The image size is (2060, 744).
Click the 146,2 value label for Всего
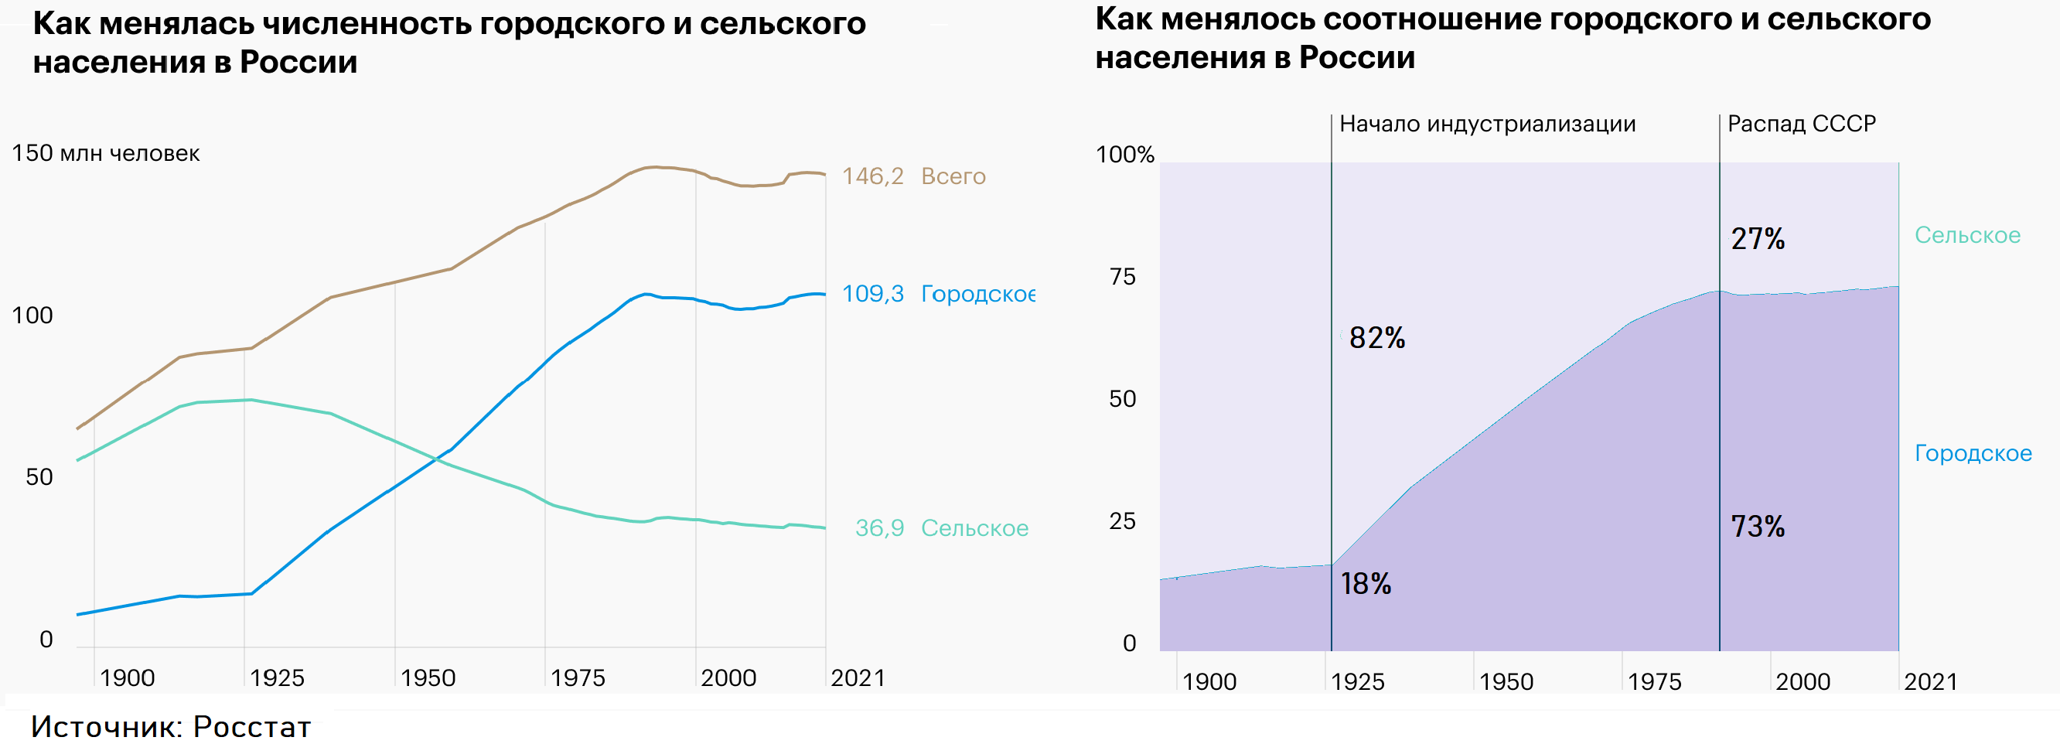tap(872, 176)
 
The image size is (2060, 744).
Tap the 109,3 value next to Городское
tap(872, 294)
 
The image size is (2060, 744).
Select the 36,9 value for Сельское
tap(879, 528)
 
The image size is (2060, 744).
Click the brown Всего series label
tap(953, 176)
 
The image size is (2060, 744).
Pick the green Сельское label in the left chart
tap(974, 528)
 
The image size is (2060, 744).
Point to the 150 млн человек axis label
tap(106, 153)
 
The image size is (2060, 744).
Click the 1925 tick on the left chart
tap(277, 678)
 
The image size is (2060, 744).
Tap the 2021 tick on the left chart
tap(858, 678)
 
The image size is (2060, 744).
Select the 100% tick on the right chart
tap(1124, 155)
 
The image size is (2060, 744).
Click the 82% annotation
tap(1376, 338)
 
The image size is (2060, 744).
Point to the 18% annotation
tap(1365, 584)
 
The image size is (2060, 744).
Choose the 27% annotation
tap(1757, 238)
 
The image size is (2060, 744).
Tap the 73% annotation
tap(1757, 527)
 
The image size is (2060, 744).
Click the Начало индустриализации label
tap(1487, 124)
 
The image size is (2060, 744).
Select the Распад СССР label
tap(1801, 124)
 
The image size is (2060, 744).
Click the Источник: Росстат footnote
tap(170, 726)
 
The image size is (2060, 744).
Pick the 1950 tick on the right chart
tap(1506, 682)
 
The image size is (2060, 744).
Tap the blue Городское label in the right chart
tap(1972, 454)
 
